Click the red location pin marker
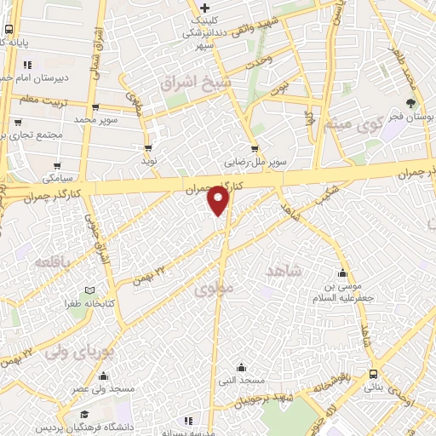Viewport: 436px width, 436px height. (220, 201)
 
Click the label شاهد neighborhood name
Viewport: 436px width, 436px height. (284, 270)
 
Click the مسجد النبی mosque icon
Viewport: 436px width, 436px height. (241, 368)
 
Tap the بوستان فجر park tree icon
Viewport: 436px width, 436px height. (410, 103)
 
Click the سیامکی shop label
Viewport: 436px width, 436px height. (58, 179)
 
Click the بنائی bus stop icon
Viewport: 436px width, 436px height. (374, 374)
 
